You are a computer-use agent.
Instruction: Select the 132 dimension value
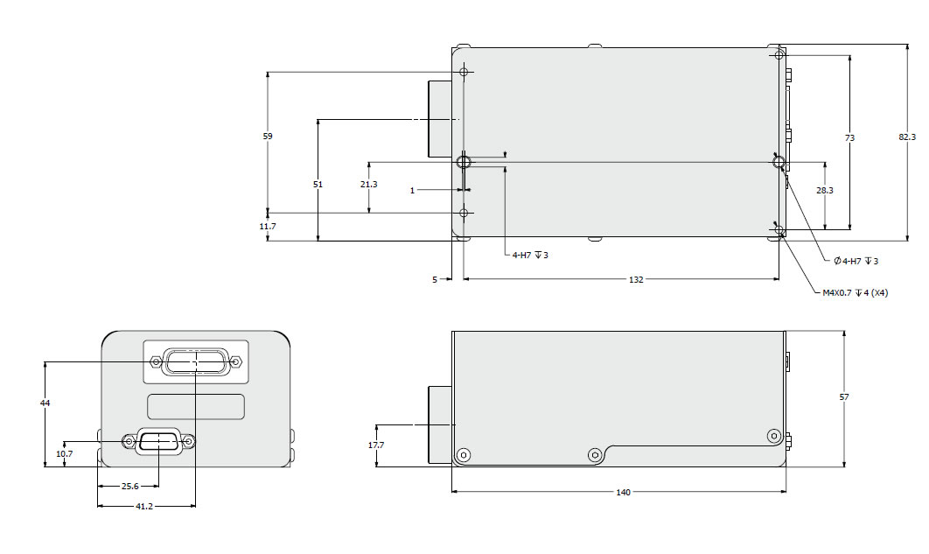[x=636, y=280]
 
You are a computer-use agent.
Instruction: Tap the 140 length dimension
[x=623, y=493]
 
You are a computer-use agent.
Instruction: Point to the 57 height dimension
[x=844, y=397]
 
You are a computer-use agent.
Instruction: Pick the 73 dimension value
[x=849, y=138]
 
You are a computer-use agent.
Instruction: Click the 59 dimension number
[x=268, y=137]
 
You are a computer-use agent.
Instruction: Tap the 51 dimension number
[x=318, y=185]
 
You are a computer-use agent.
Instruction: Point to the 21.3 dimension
[x=369, y=185]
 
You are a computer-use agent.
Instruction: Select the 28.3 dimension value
[x=824, y=191]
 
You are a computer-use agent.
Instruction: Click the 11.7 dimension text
[x=268, y=227]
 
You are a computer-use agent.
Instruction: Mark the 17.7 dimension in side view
[x=377, y=445]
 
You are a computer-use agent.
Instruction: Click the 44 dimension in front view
[x=45, y=403]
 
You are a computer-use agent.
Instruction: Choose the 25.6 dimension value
[x=129, y=487]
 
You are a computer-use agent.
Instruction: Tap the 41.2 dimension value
[x=146, y=506]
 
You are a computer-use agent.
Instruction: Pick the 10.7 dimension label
[x=65, y=454]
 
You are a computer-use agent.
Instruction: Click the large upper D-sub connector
[x=196, y=361]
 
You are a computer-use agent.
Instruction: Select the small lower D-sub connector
[x=159, y=442]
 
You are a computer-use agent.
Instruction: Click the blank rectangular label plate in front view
[x=196, y=406]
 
